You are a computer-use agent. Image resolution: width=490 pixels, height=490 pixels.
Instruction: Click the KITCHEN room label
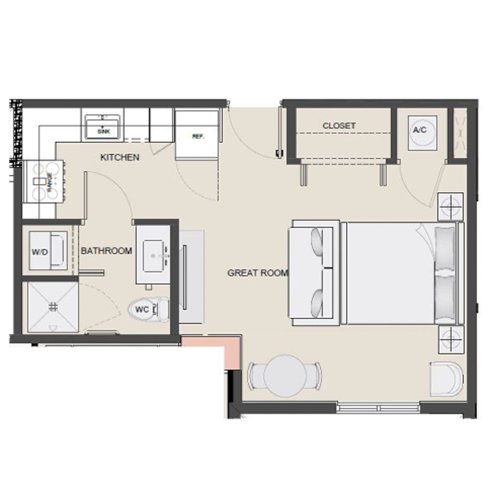click(x=120, y=157)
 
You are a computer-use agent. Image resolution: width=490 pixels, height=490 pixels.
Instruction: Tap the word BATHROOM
click(x=106, y=251)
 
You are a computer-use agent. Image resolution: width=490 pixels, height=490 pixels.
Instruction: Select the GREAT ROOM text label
click(x=258, y=273)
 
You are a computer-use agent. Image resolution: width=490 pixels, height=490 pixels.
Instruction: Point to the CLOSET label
click(x=339, y=125)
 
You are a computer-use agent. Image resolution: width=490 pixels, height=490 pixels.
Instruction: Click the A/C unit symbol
click(x=422, y=133)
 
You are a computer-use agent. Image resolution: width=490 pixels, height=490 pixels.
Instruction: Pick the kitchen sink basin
click(x=102, y=127)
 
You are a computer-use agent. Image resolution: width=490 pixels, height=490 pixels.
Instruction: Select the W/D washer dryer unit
click(x=48, y=251)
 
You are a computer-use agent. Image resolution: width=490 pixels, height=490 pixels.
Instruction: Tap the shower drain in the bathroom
click(x=53, y=307)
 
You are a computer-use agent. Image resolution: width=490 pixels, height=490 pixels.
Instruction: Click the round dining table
click(x=285, y=376)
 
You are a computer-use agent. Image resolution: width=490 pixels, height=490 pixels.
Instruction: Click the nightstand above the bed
click(x=450, y=207)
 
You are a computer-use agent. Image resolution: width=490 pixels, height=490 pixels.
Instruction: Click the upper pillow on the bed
click(x=445, y=248)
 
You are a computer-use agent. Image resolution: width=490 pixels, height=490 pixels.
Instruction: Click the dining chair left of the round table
click(x=255, y=376)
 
